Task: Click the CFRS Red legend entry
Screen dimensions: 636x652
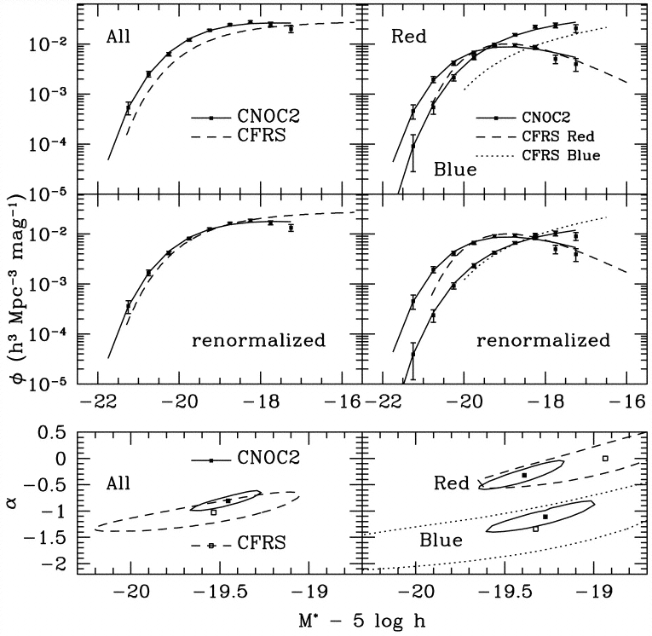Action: tap(570, 136)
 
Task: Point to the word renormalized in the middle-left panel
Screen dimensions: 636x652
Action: tap(258, 340)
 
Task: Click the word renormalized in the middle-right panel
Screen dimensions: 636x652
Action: tap(543, 340)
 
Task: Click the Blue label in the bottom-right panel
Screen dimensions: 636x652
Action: tap(441, 540)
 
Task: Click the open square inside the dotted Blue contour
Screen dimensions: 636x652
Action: tap(535, 529)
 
